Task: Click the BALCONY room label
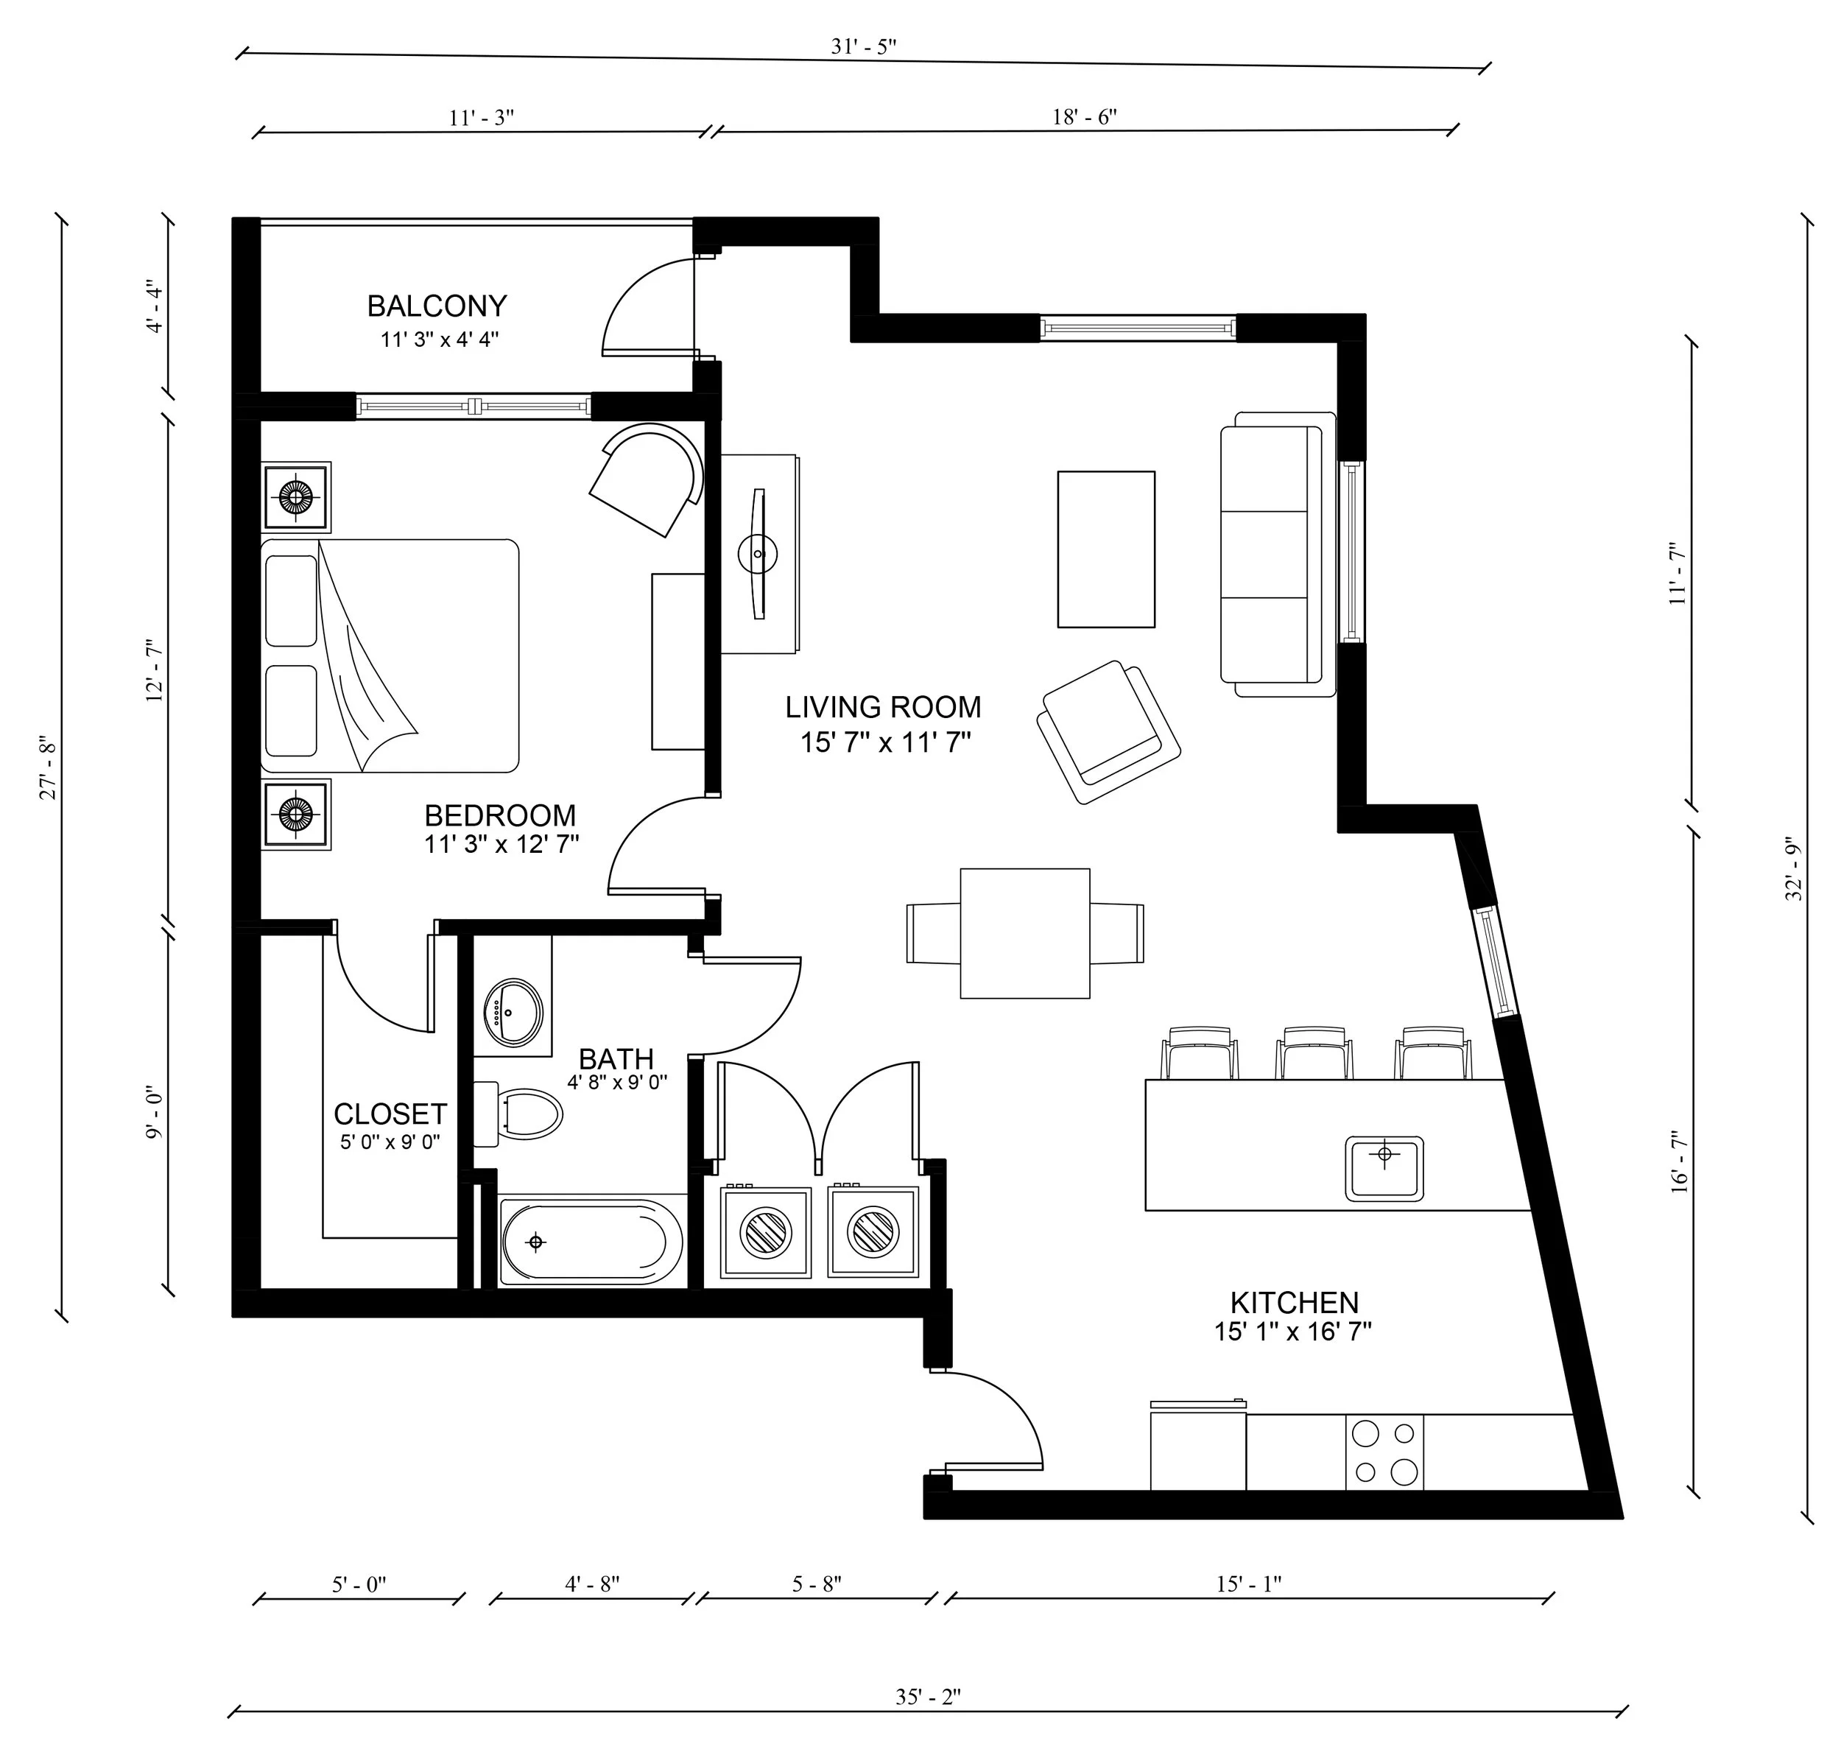pyautogui.click(x=437, y=306)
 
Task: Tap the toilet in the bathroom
pyautogui.click(x=525, y=1114)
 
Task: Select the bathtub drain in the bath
pyautogui.click(x=535, y=1242)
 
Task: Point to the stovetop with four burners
pyautogui.click(x=1384, y=1452)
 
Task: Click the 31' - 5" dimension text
pyautogui.click(x=863, y=46)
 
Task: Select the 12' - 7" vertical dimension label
pyautogui.click(x=154, y=671)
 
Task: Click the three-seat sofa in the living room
pyautogui.click(x=1272, y=554)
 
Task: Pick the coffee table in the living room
pyautogui.click(x=1106, y=549)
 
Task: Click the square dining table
pyautogui.click(x=1024, y=933)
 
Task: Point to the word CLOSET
pyautogui.click(x=390, y=1114)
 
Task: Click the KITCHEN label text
pyautogui.click(x=1294, y=1302)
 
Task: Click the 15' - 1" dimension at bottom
pyautogui.click(x=1248, y=1584)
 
